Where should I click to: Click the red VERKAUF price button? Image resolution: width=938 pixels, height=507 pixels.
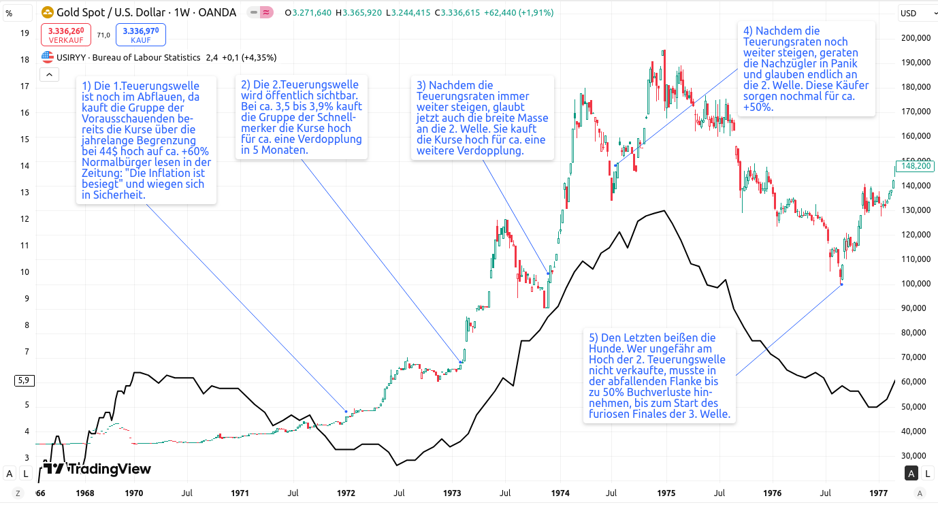point(65,35)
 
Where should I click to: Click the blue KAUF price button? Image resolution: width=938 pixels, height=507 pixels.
point(140,35)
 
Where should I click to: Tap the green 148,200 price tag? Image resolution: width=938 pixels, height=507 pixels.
point(915,165)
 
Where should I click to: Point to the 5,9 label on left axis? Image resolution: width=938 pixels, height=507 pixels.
point(24,380)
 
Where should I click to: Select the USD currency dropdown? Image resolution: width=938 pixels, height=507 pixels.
point(913,13)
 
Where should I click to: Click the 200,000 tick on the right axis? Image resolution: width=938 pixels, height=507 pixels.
point(915,38)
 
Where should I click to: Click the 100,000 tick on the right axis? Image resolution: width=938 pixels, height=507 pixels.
point(915,284)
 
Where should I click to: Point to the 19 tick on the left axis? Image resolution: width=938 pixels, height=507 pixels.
point(25,33)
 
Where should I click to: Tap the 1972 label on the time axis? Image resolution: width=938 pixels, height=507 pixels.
point(346,492)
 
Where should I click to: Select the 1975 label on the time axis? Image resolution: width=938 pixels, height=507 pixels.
point(666,492)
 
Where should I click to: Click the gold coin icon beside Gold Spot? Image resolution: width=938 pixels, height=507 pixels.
point(48,12)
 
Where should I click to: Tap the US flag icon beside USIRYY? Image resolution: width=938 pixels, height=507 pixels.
point(48,58)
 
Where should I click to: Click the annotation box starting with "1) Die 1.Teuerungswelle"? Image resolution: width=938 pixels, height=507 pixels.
point(146,140)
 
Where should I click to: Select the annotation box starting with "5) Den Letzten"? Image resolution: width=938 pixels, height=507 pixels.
point(658,376)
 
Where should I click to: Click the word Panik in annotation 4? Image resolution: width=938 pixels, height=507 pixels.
point(843,63)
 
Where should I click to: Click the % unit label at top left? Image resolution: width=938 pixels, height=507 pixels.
point(9,13)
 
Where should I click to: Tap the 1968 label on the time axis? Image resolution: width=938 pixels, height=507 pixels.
point(85,492)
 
